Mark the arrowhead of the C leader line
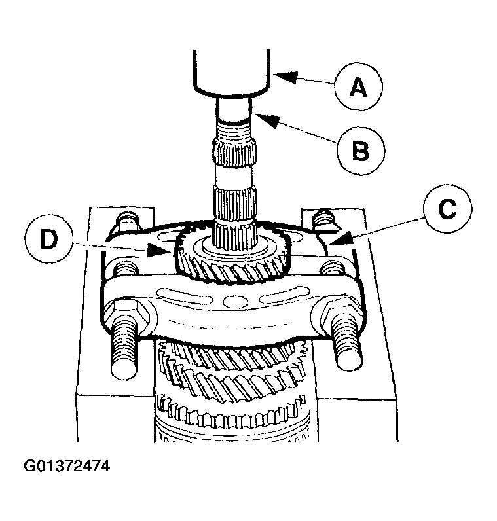pyautogui.click(x=331, y=244)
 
